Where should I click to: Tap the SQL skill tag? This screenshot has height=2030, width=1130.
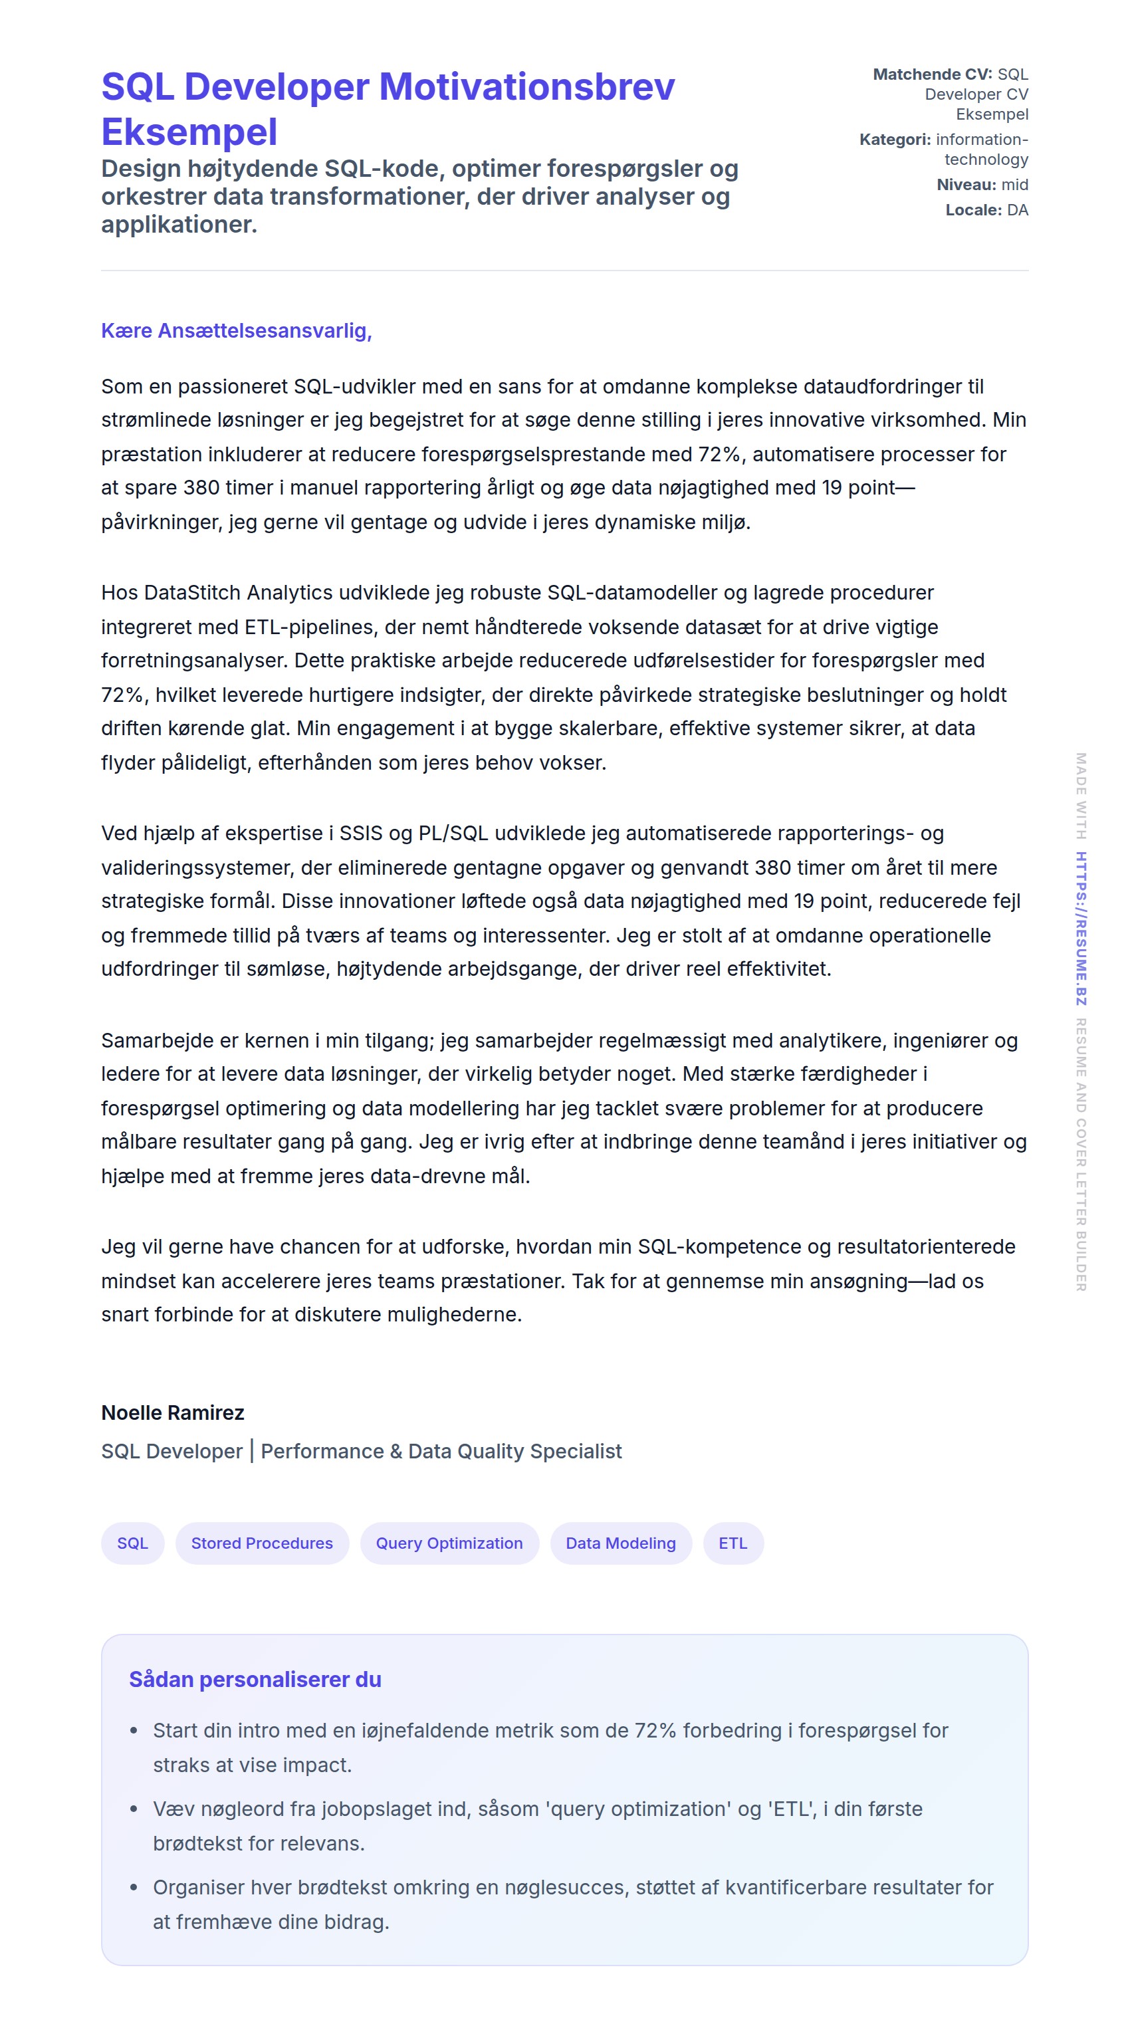tap(132, 1542)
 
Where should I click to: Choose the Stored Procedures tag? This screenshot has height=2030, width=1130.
tap(262, 1542)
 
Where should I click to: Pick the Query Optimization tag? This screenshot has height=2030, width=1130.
tap(449, 1542)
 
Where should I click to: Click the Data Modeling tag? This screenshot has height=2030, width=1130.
tap(620, 1542)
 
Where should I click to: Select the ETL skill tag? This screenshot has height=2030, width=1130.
tap(732, 1542)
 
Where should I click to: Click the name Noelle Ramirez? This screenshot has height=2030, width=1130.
tap(173, 1412)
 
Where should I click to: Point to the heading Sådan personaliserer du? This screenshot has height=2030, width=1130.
tap(255, 1679)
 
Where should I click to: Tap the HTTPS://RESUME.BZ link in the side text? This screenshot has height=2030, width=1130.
tap(1081, 929)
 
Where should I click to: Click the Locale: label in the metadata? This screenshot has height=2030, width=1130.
tap(973, 209)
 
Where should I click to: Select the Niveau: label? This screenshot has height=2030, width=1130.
tap(966, 184)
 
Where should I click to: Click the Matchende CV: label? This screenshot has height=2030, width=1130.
tap(932, 74)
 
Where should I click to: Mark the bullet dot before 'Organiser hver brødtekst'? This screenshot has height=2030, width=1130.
tap(134, 1887)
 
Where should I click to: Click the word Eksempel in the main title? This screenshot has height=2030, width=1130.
tap(189, 132)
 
